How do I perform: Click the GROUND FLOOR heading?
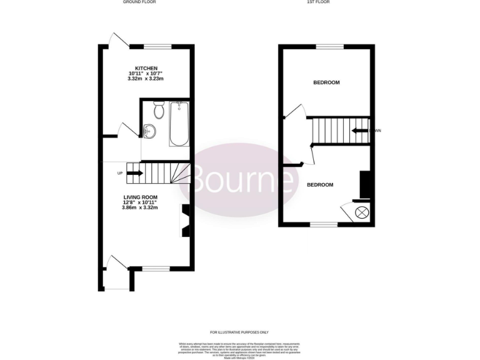pos(139,2)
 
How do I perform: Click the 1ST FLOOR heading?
pos(319,2)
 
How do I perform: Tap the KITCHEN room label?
pos(146,68)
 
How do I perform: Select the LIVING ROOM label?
pos(140,197)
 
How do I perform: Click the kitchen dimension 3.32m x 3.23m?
pos(146,79)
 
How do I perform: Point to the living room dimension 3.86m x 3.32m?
pos(140,207)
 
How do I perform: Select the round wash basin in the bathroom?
pos(149,131)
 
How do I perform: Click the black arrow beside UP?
pos(135,173)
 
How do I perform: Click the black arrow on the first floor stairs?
pos(359,131)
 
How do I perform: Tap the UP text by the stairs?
pos(119,173)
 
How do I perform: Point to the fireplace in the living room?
pos(186,221)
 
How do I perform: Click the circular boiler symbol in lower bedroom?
pos(361,212)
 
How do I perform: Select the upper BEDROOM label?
pos(326,82)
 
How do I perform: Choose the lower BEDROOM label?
pos(319,185)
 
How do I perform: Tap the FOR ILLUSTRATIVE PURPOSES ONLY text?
pos(239,332)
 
